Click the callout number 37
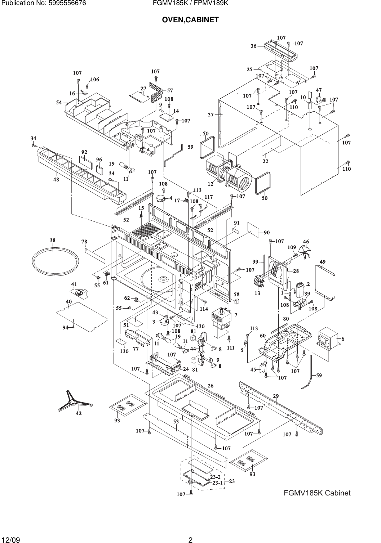pyautogui.click(x=211, y=115)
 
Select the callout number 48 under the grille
pyautogui.click(x=56, y=180)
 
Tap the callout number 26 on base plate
pyautogui.click(x=211, y=386)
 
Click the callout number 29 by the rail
pyautogui.click(x=276, y=396)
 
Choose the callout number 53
pyautogui.click(x=176, y=421)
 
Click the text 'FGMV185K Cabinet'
pyautogui.click(x=317, y=493)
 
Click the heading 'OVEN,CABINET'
pyautogui.click(x=190, y=19)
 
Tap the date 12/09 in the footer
pyautogui.click(x=11, y=539)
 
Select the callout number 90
pyautogui.click(x=267, y=233)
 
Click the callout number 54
pyautogui.click(x=59, y=103)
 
